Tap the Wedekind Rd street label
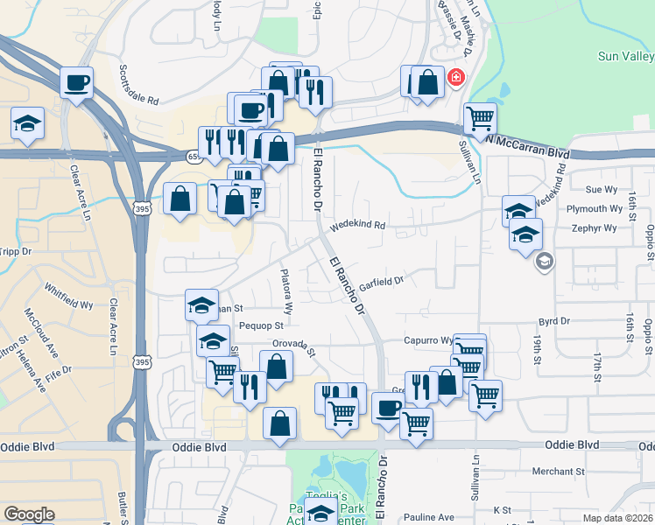pyautogui.click(x=357, y=226)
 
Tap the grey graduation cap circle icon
pyautogui.click(x=544, y=261)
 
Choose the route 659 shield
pyautogui.click(x=194, y=156)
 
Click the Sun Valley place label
pyautogui.click(x=625, y=56)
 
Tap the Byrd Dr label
pyautogui.click(x=554, y=321)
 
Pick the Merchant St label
pyautogui.click(x=558, y=472)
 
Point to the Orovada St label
pyautogui.click(x=292, y=346)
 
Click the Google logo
pyautogui.click(x=29, y=514)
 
